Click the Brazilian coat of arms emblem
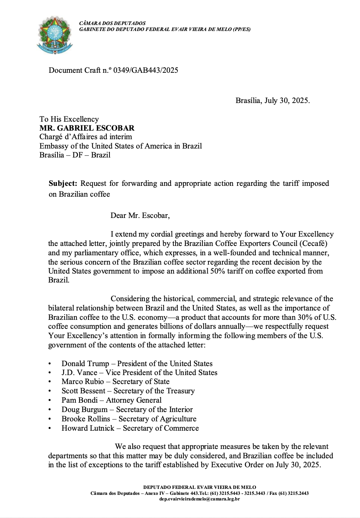point(55,35)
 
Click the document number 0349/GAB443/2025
point(146,70)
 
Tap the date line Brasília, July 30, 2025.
point(272,100)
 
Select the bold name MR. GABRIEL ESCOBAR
point(87,128)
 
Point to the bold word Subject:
point(63,183)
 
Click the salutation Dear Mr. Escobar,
point(140,215)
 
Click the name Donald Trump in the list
point(85,363)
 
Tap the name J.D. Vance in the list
point(79,372)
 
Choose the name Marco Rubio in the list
point(83,381)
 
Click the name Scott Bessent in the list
point(83,391)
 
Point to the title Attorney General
point(134,400)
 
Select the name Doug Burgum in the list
point(84,409)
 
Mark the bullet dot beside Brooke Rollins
point(50,419)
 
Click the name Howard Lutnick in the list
point(88,428)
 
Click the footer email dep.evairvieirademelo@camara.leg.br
point(199,499)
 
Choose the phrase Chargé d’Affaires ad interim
point(86,137)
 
